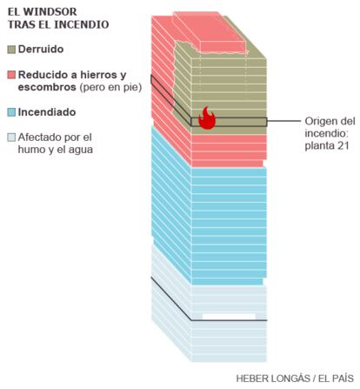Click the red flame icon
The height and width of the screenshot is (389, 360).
point(207,117)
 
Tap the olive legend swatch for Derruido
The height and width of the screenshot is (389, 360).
point(11,50)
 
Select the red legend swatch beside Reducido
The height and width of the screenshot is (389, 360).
point(11,75)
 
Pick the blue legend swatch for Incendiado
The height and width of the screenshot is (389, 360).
point(11,112)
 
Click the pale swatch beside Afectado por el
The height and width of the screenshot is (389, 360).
point(11,137)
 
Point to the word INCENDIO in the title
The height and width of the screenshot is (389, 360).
point(82,24)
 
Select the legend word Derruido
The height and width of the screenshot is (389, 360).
point(41,49)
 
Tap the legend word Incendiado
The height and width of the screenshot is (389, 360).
point(47,112)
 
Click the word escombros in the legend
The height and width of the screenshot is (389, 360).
point(47,87)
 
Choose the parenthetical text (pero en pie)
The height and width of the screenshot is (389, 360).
point(110,87)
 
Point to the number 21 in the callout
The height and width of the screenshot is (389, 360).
point(343,145)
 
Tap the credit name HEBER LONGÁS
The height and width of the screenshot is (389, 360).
point(272,379)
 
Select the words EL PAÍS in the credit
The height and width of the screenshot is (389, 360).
point(337,379)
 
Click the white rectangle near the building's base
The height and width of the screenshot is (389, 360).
point(229,316)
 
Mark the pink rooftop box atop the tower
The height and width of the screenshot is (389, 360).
point(210,32)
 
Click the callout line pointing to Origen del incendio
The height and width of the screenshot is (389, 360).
point(284,121)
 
